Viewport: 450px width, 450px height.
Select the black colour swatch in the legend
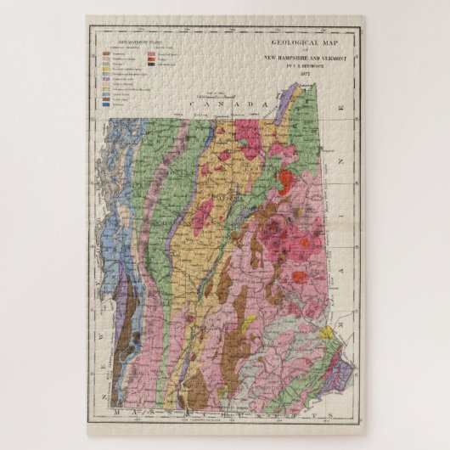[151, 63]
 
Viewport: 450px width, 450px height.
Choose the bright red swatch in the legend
[151, 58]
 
